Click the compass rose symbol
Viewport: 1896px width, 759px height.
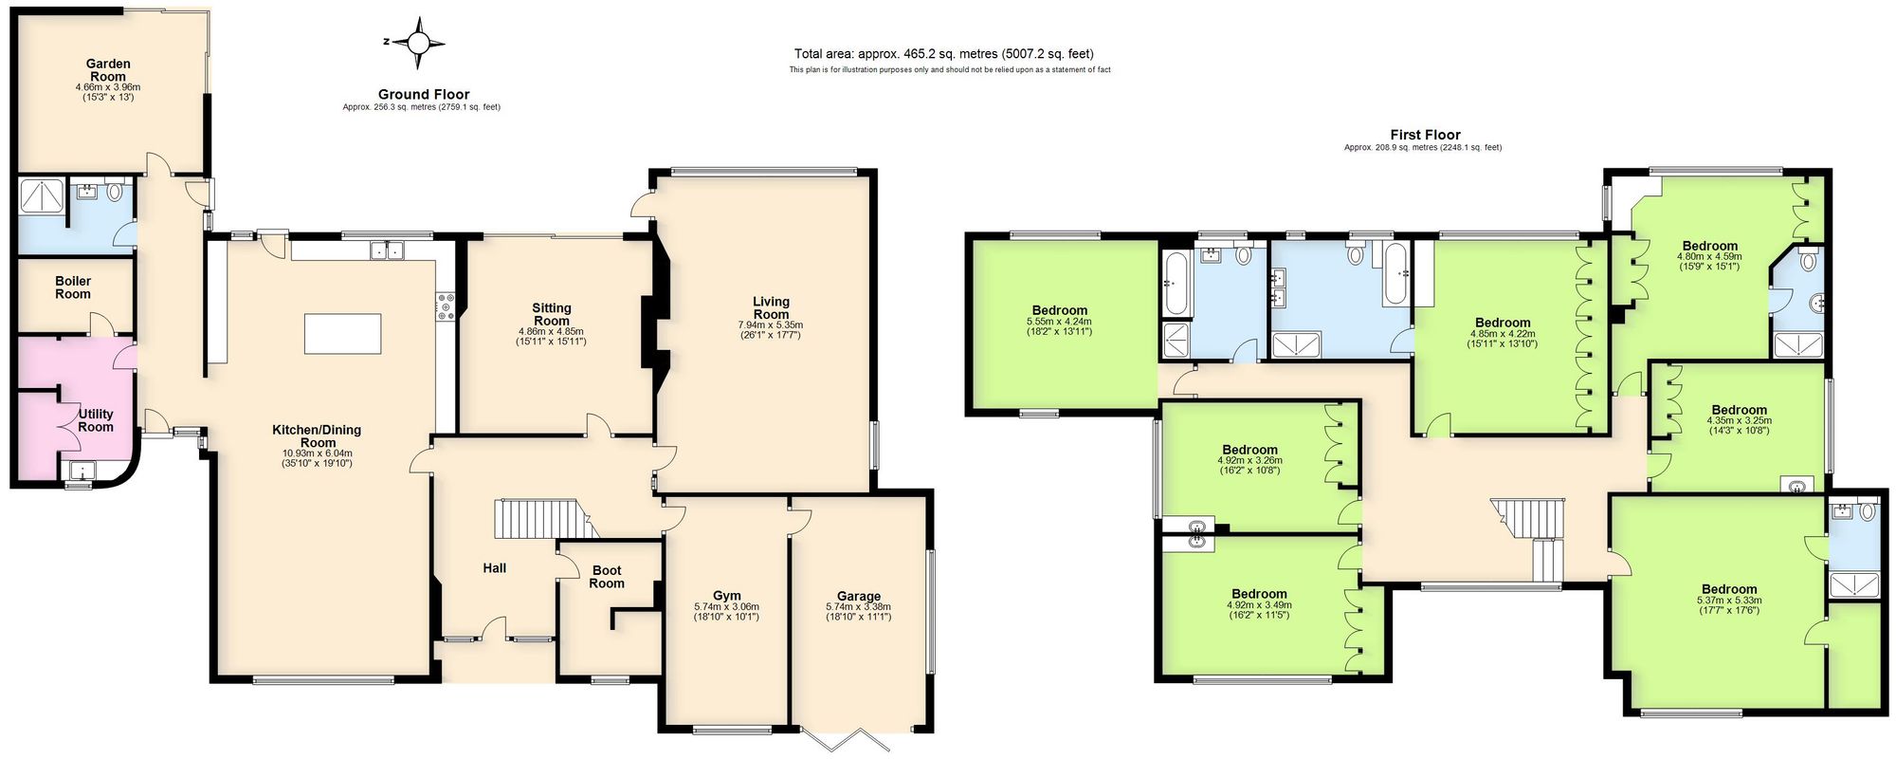(417, 43)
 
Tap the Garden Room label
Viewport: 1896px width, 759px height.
(108, 70)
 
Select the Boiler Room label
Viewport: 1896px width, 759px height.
(73, 287)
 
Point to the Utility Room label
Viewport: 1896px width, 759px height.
(96, 420)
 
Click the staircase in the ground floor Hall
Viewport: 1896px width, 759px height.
(536, 519)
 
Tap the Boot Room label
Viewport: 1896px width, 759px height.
(607, 577)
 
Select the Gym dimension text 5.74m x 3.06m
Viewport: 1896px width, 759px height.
(726, 607)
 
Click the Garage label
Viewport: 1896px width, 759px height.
(858, 597)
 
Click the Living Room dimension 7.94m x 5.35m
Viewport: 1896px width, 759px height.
(771, 325)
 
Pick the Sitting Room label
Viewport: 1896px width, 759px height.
(551, 314)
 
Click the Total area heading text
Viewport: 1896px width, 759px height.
(949, 54)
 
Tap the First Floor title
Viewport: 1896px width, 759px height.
(1425, 135)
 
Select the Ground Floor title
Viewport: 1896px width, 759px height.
(423, 94)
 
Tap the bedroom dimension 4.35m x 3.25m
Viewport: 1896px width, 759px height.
(1739, 420)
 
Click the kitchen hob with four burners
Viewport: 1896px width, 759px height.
(446, 307)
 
